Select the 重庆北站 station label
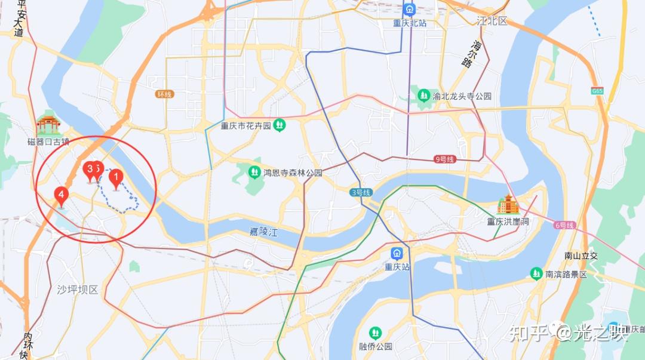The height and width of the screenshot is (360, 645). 410,23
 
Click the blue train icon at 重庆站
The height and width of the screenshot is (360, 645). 397,253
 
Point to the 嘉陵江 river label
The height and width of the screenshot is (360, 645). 264,232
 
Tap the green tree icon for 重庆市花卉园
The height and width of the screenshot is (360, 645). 279,125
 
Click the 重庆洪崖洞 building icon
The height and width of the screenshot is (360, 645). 508,205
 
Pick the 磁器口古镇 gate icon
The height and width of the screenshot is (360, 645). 48,124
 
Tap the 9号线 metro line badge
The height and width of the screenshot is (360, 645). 445,159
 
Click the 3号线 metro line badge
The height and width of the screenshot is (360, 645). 361,192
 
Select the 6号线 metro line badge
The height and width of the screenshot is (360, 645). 564,225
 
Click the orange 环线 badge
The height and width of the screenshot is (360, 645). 164,94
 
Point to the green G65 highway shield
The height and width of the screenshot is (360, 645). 597,91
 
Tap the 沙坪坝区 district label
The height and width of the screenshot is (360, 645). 77,290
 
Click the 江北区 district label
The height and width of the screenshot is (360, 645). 492,21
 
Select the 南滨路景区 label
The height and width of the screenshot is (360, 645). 566,274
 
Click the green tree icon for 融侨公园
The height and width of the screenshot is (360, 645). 375,333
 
